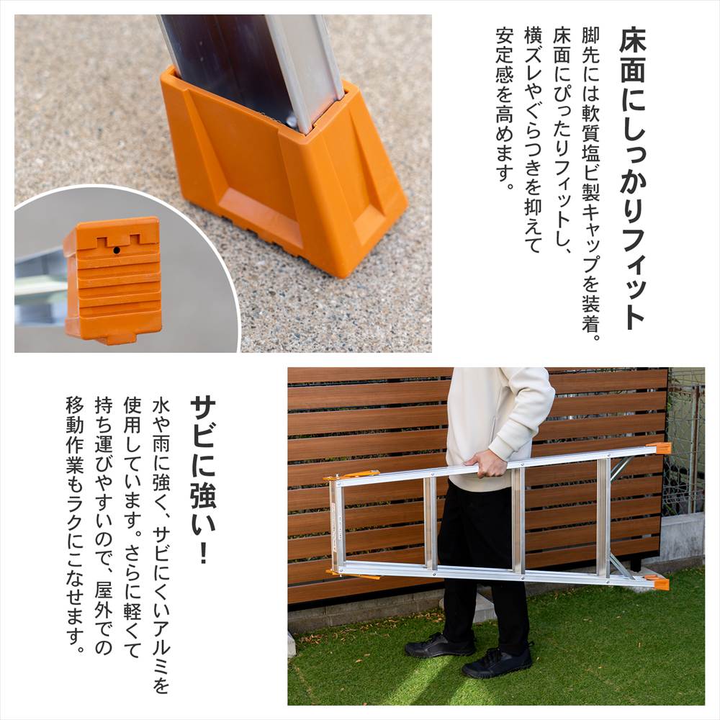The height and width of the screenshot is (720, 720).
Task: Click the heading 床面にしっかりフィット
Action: click(x=632, y=179)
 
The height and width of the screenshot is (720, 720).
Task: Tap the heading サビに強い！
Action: click(x=202, y=480)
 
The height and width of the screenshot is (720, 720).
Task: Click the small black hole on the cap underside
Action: click(x=116, y=251)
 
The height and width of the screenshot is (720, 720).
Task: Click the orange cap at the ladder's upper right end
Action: click(x=659, y=448)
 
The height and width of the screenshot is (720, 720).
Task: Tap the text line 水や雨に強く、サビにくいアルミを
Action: click(x=161, y=545)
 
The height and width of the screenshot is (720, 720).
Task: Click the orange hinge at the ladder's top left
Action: click(x=352, y=476)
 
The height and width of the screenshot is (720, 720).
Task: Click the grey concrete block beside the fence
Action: click(x=681, y=537)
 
